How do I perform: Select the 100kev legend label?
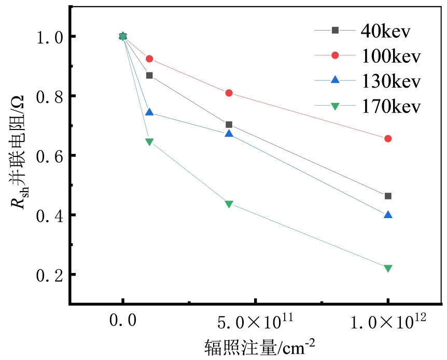390,55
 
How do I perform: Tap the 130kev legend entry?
390,81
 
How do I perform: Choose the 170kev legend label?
390,107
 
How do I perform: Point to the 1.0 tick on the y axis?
48,37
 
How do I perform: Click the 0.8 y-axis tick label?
48,96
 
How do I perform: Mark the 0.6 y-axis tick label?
48,156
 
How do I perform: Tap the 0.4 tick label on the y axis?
48,215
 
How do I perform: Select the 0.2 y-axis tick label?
48,275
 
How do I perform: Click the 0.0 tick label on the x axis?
123,322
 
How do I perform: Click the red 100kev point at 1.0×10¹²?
388,138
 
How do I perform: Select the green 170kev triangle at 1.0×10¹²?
388,268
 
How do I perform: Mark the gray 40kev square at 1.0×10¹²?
388,196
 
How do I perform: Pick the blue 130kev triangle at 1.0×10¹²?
388,214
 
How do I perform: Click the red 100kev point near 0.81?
229,93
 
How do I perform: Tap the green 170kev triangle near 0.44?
229,204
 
